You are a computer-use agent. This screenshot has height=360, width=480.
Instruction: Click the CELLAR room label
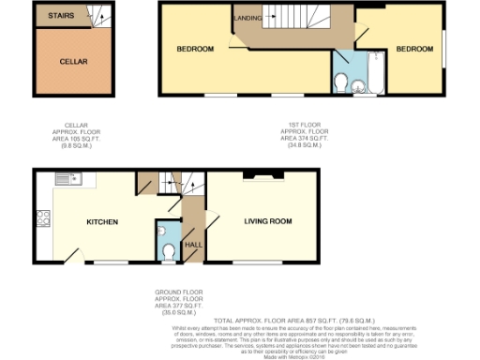(73, 61)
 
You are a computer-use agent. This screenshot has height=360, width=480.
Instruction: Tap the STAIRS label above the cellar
(49, 15)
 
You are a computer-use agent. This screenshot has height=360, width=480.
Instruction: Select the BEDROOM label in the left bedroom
(196, 49)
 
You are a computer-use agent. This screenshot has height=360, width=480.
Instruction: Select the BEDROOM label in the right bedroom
(412, 48)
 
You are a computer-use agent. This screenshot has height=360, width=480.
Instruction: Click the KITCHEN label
(102, 222)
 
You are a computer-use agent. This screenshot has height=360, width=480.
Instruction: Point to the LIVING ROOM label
(268, 222)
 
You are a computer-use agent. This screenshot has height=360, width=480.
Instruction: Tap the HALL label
(193, 244)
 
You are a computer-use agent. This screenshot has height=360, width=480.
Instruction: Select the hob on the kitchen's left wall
(42, 219)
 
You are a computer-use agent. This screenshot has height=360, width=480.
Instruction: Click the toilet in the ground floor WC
(169, 249)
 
